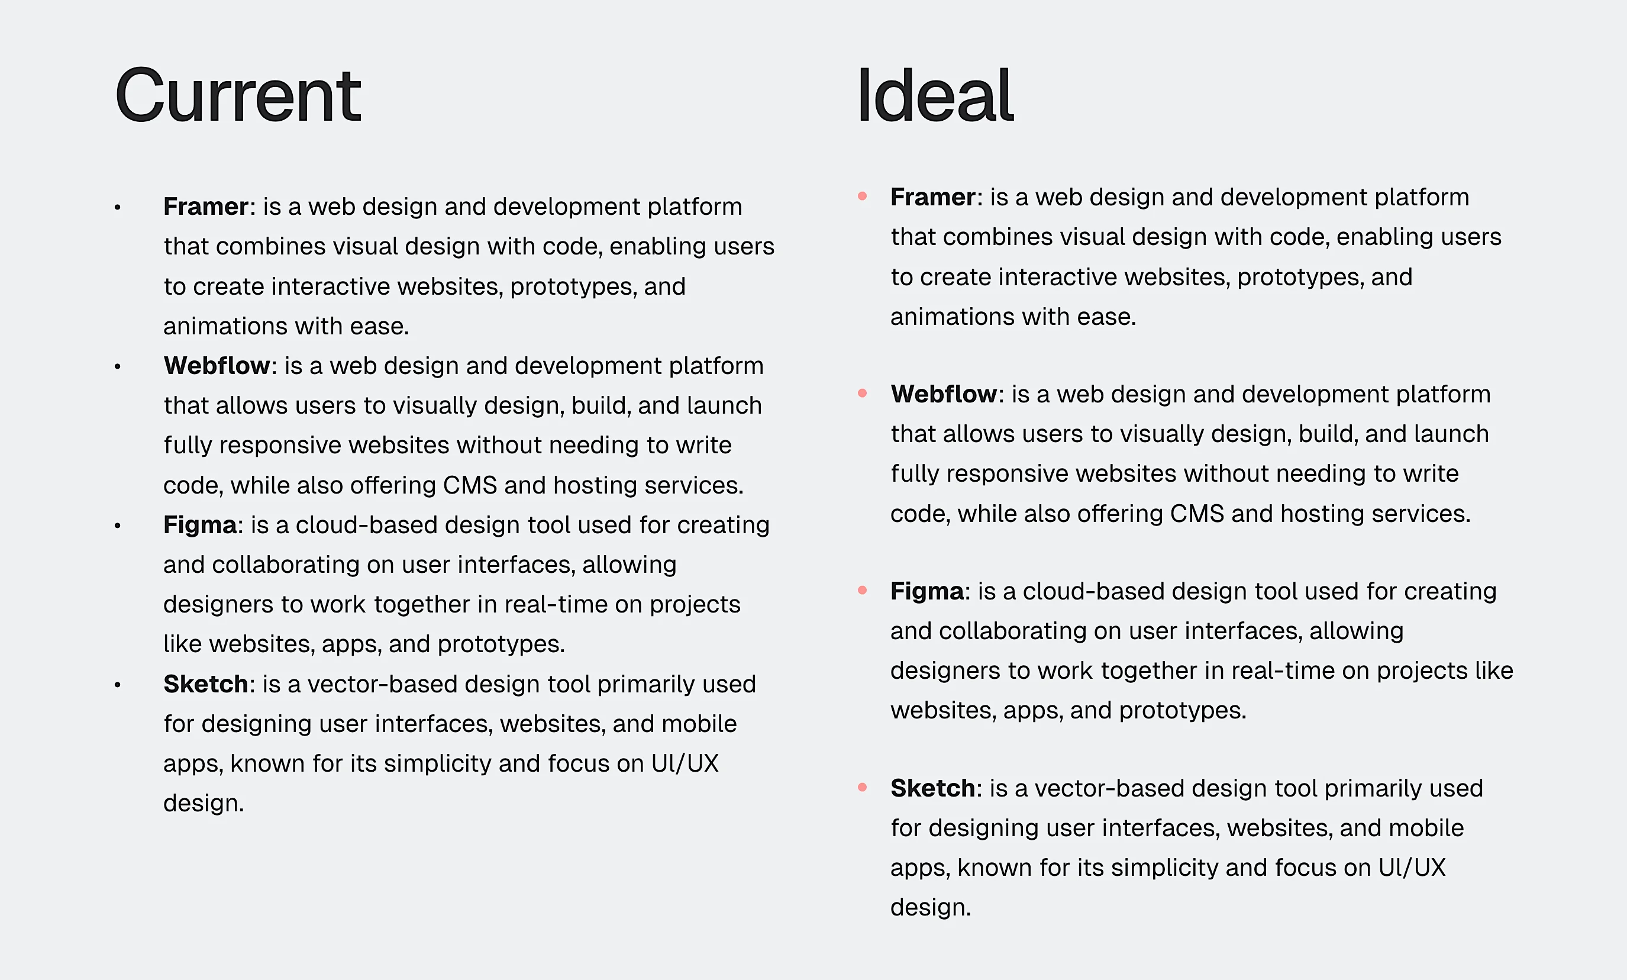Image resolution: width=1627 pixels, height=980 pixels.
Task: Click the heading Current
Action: tap(238, 96)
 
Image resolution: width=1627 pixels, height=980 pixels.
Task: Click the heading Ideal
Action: tap(935, 96)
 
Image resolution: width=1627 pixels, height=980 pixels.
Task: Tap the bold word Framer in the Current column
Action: tap(205, 207)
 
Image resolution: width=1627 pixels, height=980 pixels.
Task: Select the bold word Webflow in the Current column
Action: tap(217, 366)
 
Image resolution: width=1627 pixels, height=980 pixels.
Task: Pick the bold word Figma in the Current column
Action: tap(200, 525)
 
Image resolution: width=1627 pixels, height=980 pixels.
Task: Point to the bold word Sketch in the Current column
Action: tap(205, 684)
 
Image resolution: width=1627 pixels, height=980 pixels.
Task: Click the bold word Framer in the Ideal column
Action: tap(932, 198)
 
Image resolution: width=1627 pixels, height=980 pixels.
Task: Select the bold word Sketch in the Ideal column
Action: tap(932, 788)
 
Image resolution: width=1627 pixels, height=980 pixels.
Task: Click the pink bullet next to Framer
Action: tap(862, 196)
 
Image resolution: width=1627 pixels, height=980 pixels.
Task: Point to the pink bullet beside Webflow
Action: tap(862, 393)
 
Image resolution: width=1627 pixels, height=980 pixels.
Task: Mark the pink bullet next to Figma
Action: tap(862, 590)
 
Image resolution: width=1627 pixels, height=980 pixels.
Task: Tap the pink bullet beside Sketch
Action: tap(862, 786)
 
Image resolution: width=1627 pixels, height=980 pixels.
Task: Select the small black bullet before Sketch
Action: tap(118, 685)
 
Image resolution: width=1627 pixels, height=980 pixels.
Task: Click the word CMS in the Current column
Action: tap(469, 485)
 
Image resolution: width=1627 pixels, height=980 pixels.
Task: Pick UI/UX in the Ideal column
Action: tap(1412, 868)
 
